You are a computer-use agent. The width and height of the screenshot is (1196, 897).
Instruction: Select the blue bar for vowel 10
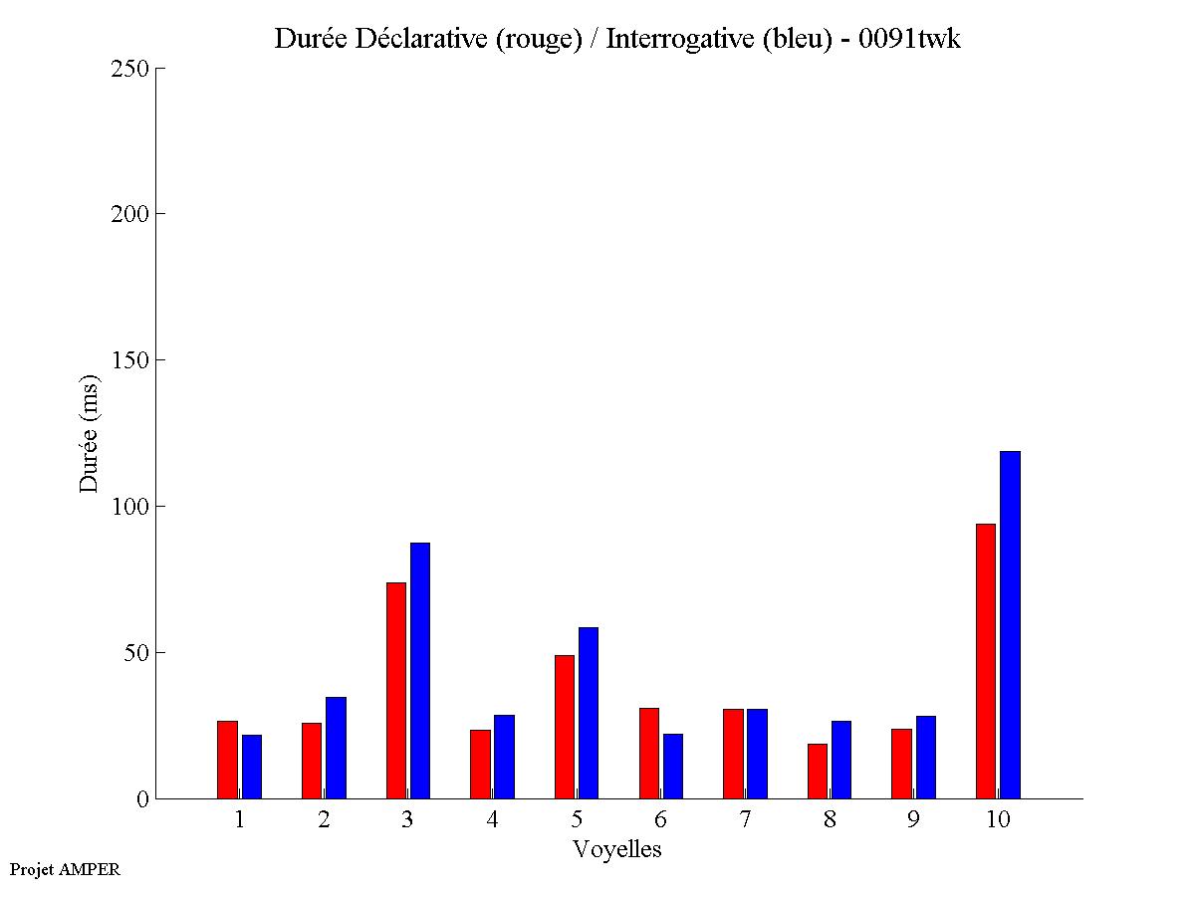(x=1010, y=624)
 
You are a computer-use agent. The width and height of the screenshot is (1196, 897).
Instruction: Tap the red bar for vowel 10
(x=986, y=661)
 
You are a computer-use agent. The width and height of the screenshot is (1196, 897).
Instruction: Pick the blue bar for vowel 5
(x=589, y=713)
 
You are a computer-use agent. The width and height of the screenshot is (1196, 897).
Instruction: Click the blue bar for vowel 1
(x=252, y=767)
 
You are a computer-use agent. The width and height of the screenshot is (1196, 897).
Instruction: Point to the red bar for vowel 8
(x=818, y=771)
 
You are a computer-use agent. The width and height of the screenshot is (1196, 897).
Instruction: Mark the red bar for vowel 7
(x=733, y=754)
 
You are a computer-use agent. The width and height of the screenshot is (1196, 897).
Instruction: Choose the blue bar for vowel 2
(x=336, y=748)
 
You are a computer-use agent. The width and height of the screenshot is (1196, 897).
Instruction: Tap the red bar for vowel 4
(x=480, y=764)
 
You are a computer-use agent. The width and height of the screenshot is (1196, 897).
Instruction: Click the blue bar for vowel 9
(x=926, y=757)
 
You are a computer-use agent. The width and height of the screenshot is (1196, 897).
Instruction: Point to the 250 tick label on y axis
(x=130, y=69)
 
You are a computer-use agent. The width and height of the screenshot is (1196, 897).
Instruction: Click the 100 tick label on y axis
(x=130, y=507)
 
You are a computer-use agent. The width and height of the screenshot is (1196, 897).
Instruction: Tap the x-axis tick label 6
(x=661, y=820)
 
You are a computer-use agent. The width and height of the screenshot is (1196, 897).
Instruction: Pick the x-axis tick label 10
(x=998, y=820)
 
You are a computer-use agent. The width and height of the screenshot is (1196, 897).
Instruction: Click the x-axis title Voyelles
(x=617, y=849)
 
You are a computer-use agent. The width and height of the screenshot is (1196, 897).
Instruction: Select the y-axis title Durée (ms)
(x=91, y=433)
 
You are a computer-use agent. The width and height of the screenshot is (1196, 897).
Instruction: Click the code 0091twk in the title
(x=909, y=39)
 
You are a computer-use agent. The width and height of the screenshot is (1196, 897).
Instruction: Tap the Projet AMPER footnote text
(x=65, y=869)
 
